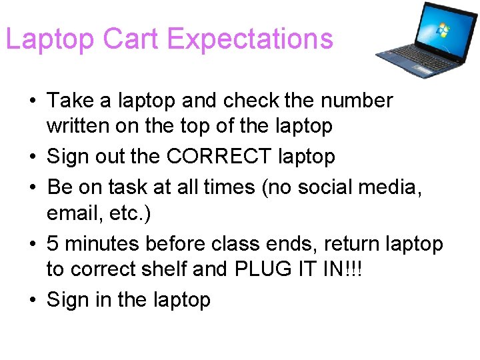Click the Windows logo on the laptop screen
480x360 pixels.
pos(442,30)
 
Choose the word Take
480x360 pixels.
pos(70,101)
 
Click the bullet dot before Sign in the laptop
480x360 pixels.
pos(32,301)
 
